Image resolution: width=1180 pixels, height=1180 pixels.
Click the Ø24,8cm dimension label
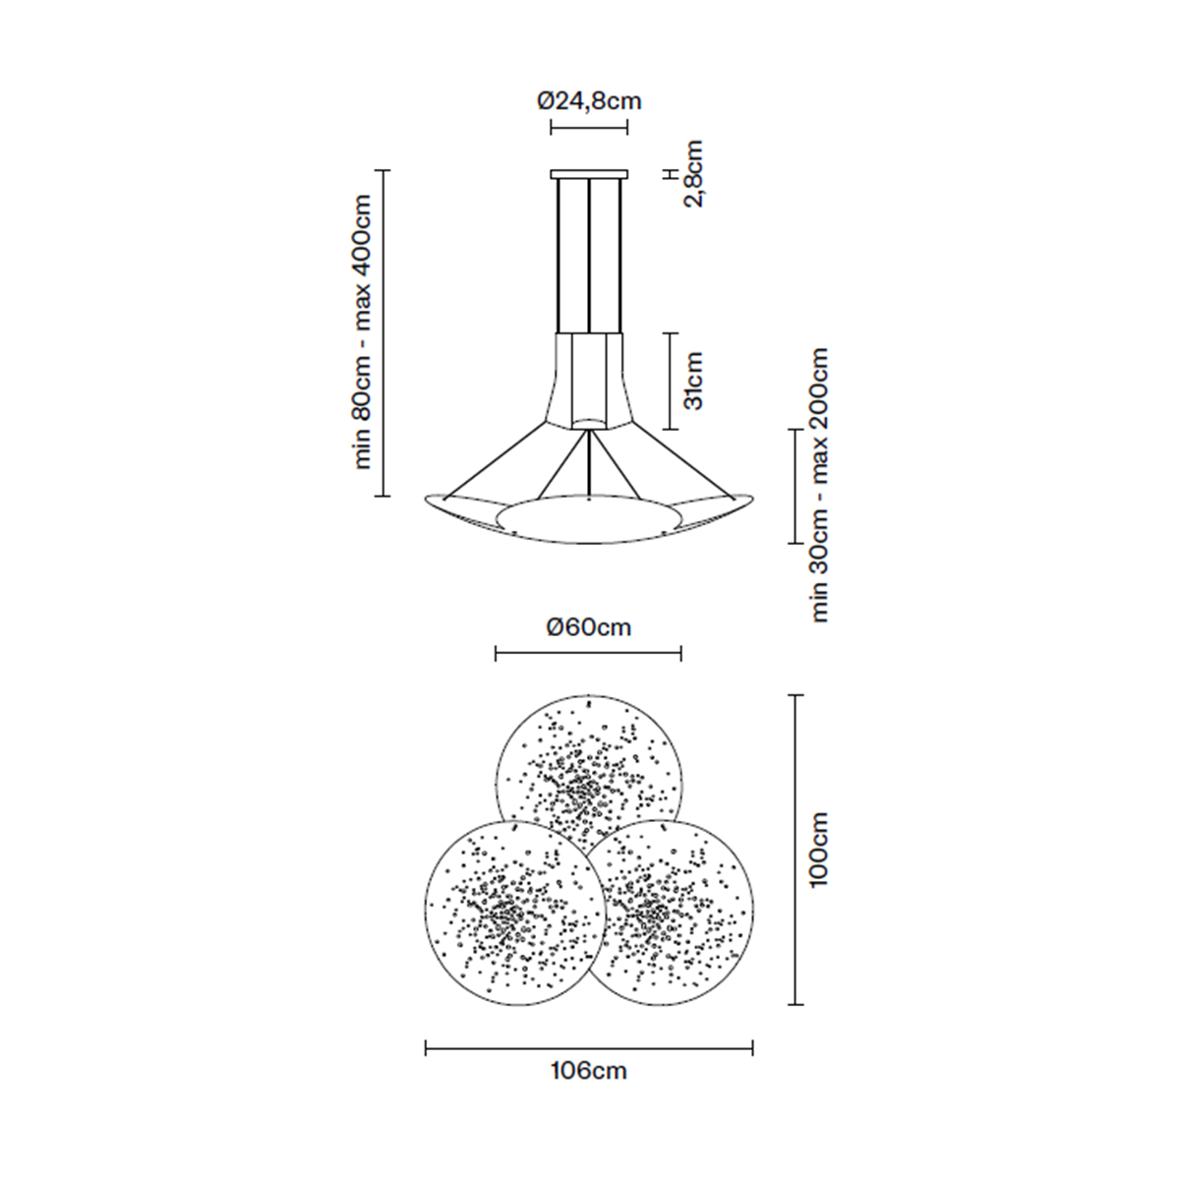pos(589,101)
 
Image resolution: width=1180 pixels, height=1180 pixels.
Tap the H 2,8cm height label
pos(684,174)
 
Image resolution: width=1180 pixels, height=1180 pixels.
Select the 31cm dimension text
pos(693,381)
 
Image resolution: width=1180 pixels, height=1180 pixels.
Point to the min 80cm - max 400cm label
pos(362,332)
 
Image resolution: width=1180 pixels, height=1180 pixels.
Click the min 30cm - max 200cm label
pos(819,485)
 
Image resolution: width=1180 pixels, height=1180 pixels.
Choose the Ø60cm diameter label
pos(588,627)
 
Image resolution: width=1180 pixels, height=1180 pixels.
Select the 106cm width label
pos(588,1071)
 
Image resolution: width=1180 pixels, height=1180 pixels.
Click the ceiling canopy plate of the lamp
pos(589,174)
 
